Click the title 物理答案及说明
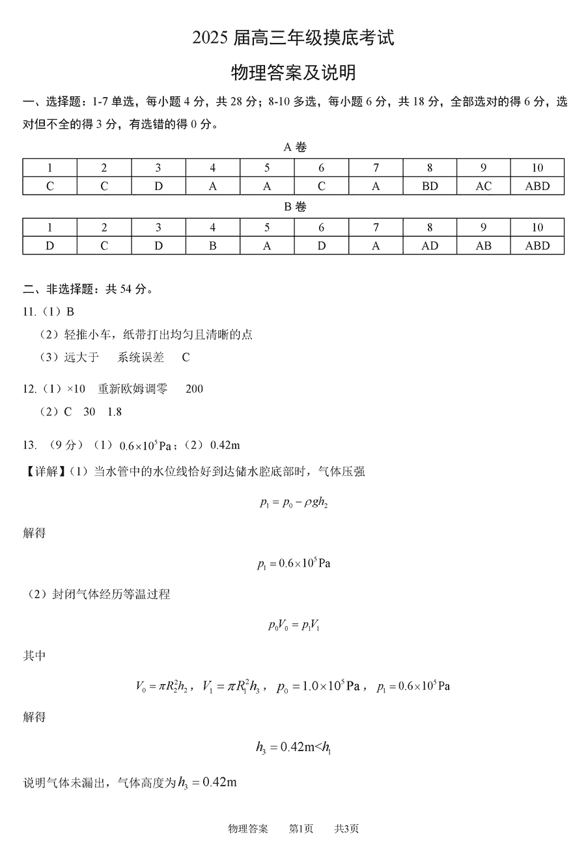(x=293, y=72)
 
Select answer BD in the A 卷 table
(x=430, y=186)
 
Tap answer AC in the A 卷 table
(x=484, y=186)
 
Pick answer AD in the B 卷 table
(x=430, y=245)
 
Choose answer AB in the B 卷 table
(x=484, y=245)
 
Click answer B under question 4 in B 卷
(x=212, y=245)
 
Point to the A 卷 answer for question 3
(x=158, y=186)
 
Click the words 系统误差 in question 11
(x=141, y=357)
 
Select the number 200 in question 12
(x=194, y=389)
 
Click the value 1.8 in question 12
(x=115, y=412)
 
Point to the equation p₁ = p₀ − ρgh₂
(x=293, y=502)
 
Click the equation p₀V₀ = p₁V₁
(x=294, y=625)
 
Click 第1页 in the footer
(x=301, y=829)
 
